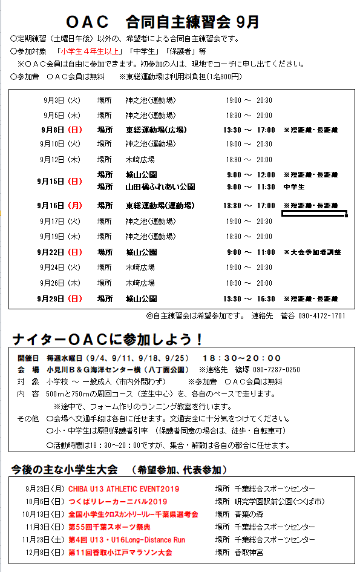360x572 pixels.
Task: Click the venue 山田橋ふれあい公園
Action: (160, 187)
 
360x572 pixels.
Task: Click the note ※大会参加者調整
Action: (312, 252)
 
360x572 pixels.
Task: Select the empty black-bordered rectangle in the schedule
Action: (314, 214)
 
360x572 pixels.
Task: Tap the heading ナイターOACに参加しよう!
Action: (108, 339)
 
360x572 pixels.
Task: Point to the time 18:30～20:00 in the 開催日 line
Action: (242, 358)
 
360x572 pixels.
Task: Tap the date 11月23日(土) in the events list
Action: (43, 539)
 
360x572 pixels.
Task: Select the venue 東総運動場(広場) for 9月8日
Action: (156, 130)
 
